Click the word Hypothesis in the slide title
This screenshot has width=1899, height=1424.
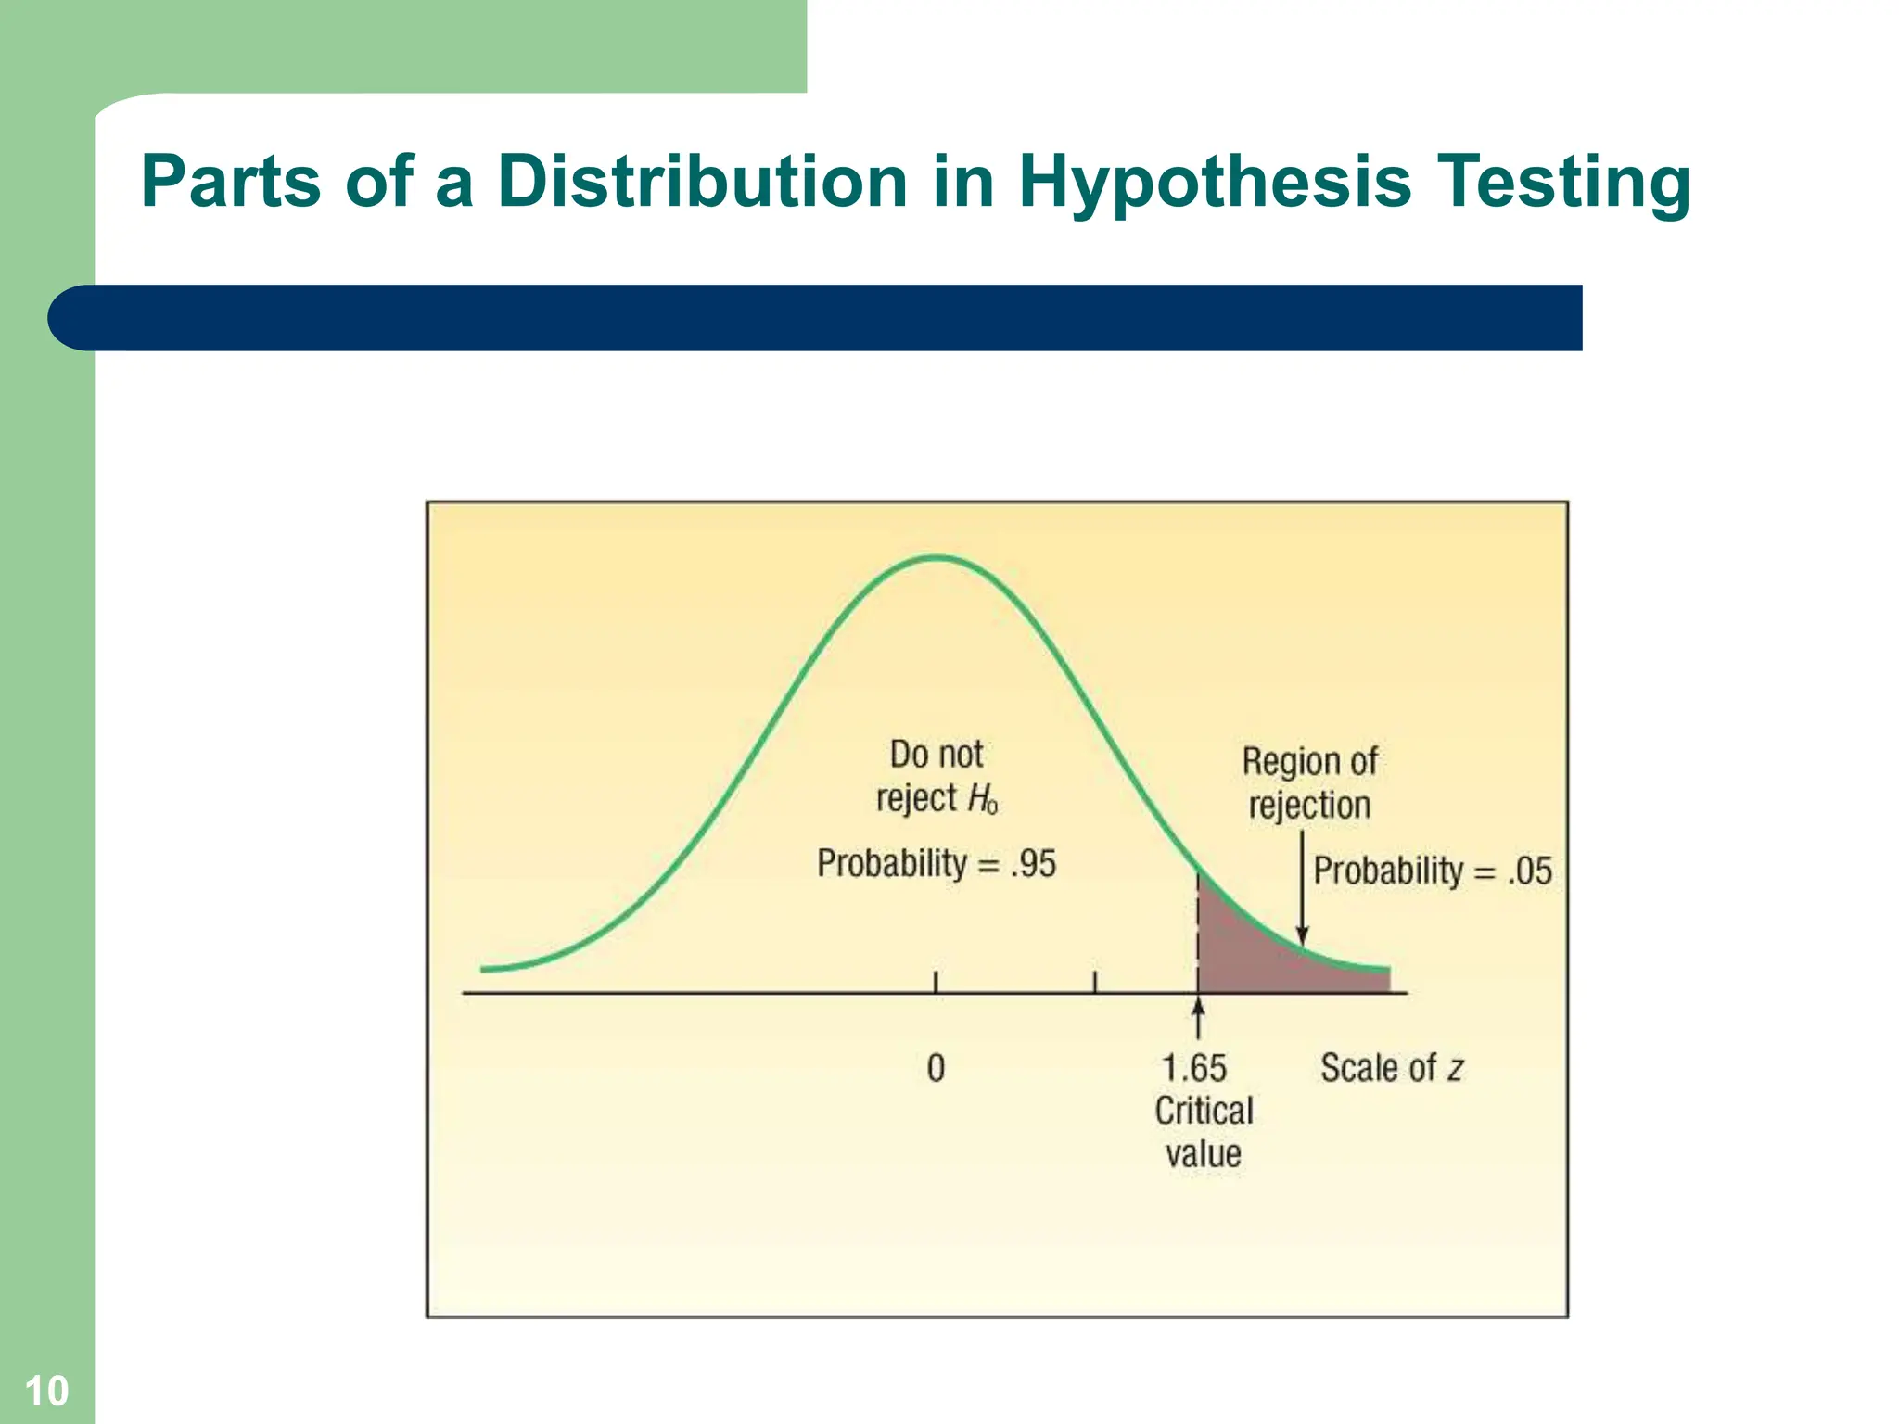1215,183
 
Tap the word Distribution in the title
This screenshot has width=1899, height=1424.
702,181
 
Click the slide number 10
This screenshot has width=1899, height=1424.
46,1392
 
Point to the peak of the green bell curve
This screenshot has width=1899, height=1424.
937,558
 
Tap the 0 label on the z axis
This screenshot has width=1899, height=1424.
936,1068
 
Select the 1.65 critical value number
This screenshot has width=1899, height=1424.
1193,1068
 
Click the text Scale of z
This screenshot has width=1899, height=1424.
1391,1068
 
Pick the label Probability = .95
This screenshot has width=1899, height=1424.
936,864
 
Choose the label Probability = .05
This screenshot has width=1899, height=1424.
1432,871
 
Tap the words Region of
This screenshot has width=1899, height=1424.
1309,761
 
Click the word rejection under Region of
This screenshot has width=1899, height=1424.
1308,805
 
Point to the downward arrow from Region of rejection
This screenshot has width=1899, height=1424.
1302,890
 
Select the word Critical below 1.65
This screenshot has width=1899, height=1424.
1203,1111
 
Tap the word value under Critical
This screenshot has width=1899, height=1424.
1203,1154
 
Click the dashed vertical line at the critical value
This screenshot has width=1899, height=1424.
1198,927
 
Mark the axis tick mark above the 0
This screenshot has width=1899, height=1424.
936,982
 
